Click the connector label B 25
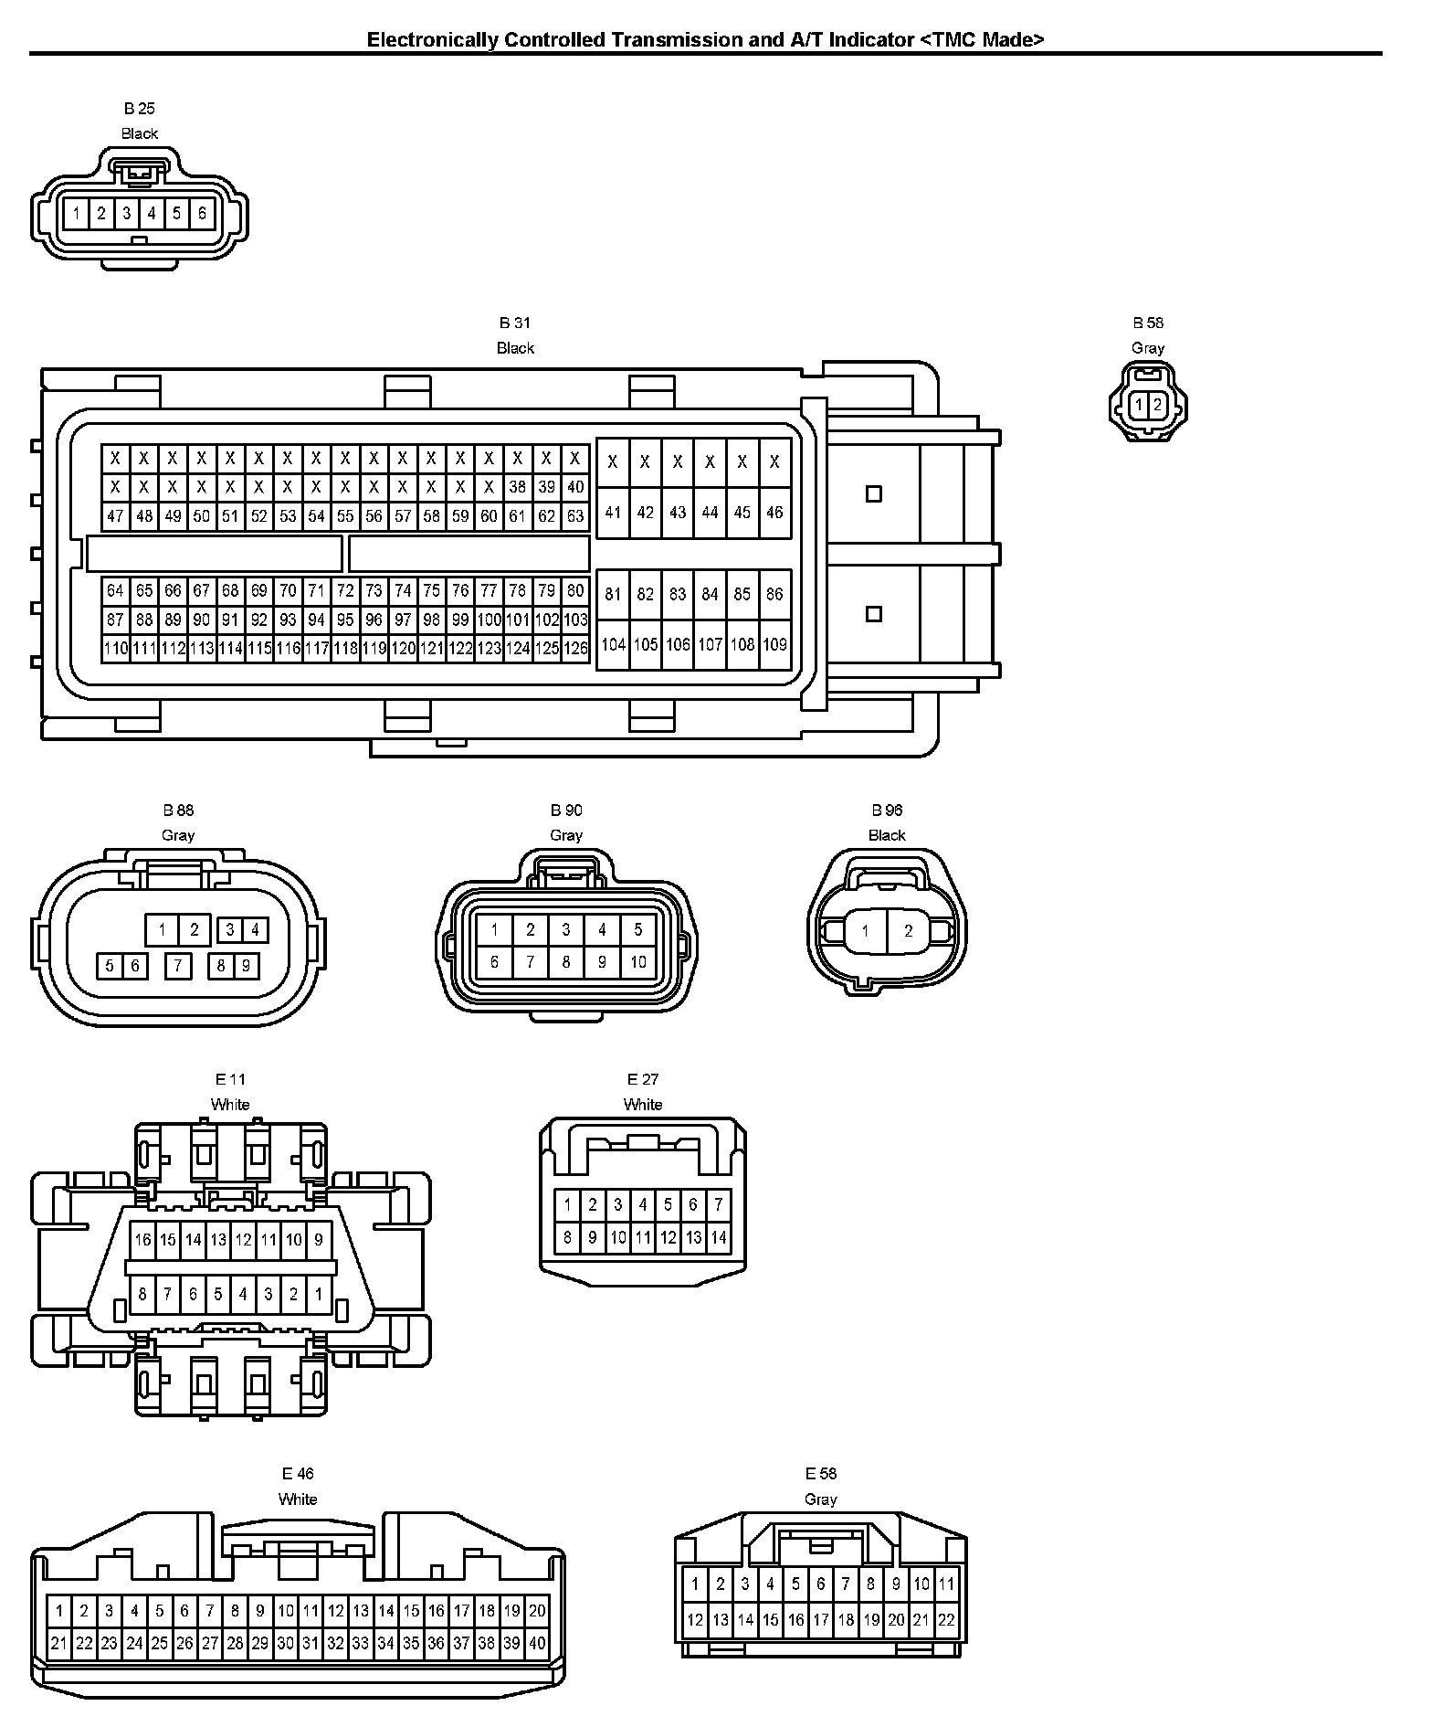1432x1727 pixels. click(139, 109)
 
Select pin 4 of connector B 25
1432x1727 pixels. click(152, 214)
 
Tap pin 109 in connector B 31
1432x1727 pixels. click(774, 645)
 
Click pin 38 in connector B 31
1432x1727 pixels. click(518, 488)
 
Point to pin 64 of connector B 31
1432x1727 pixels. click(115, 591)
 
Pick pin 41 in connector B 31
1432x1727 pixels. click(613, 514)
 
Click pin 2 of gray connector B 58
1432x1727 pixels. click(1157, 405)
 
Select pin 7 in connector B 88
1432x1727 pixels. click(178, 965)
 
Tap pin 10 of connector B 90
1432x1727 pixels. click(637, 961)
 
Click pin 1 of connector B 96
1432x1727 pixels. click(865, 932)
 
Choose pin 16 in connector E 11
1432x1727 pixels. click(142, 1240)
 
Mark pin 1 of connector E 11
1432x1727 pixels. click(319, 1294)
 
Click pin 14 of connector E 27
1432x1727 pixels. click(718, 1238)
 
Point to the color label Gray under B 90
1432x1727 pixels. click(566, 835)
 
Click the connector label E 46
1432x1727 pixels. click(298, 1474)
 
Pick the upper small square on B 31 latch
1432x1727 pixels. click(874, 494)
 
